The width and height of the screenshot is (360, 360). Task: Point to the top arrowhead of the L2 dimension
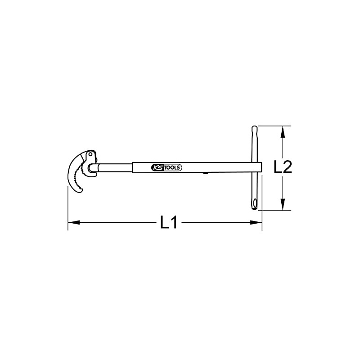pos(283,131)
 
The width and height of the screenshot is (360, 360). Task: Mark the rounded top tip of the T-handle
pos(254,129)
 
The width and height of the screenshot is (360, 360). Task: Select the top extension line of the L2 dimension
pos(274,126)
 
